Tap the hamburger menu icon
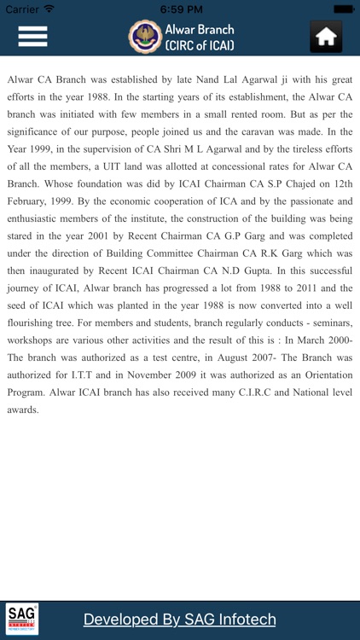[x=32, y=37]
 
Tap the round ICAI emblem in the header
[x=143, y=37]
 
